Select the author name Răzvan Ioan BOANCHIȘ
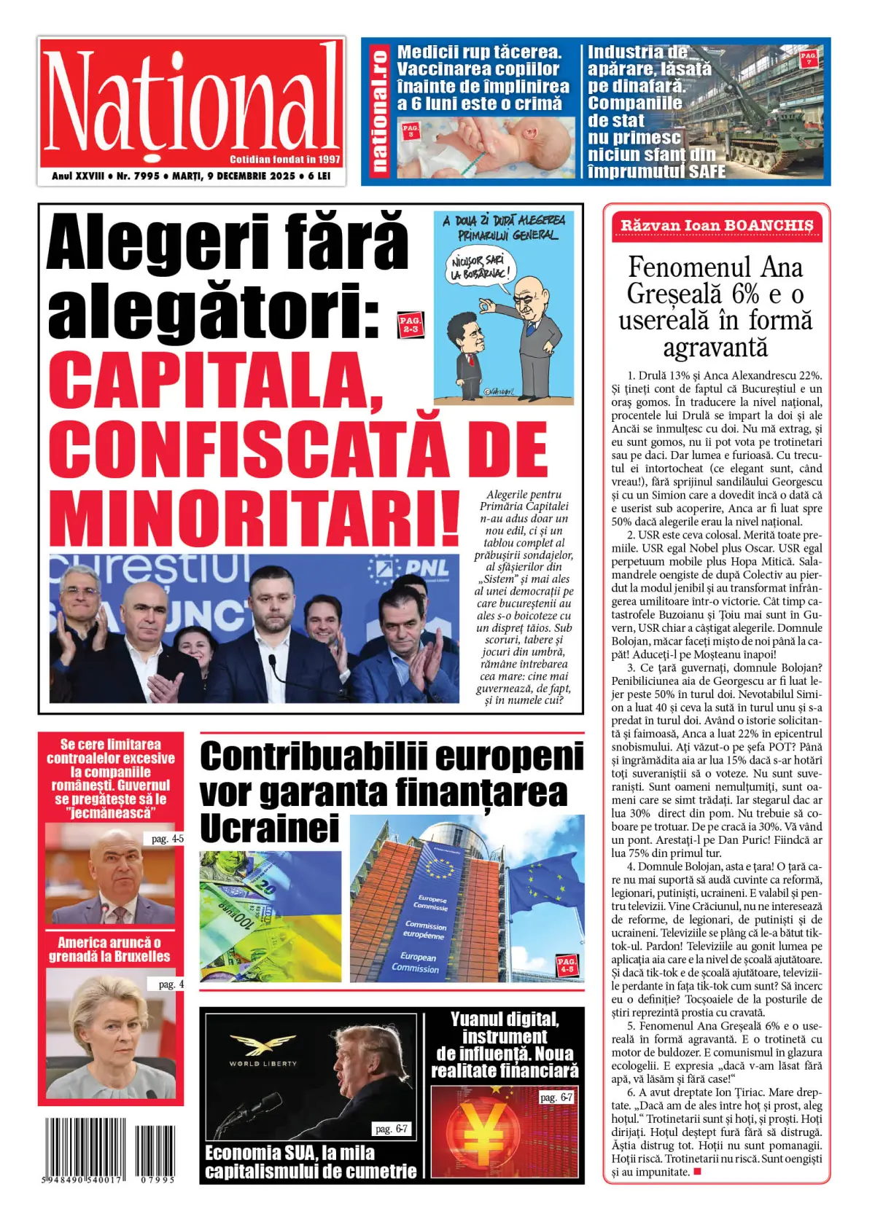[x=716, y=226]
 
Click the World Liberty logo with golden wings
[x=263, y=1048]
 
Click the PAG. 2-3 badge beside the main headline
[x=411, y=324]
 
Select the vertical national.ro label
[x=378, y=111]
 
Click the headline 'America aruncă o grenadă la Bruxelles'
[x=109, y=949]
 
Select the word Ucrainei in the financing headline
[x=270, y=829]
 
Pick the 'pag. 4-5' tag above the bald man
[x=167, y=839]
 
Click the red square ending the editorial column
[x=697, y=1172]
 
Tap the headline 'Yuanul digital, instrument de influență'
[x=505, y=1044]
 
